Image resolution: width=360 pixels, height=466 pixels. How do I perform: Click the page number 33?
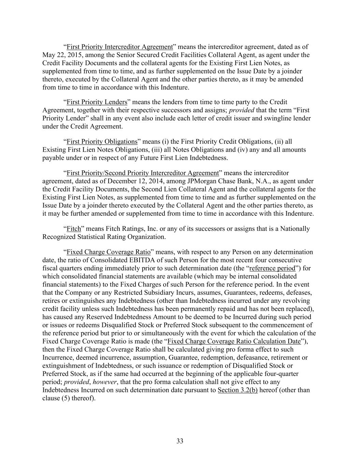click(x=180, y=441)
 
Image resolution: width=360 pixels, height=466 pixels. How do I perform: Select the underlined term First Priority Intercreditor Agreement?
click(x=120, y=47)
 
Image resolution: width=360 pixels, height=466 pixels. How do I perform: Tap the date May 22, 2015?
click(x=60, y=55)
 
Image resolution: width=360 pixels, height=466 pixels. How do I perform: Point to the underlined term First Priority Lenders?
click(x=97, y=102)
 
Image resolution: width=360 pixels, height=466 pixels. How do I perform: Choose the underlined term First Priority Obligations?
click(x=102, y=142)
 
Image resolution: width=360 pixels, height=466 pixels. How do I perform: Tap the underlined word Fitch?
click(x=74, y=229)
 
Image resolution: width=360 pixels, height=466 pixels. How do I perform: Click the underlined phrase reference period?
click(x=272, y=268)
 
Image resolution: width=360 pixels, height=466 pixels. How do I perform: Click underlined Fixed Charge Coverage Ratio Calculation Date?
click(x=234, y=341)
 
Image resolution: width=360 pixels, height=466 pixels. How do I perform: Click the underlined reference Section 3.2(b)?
click(x=237, y=390)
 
